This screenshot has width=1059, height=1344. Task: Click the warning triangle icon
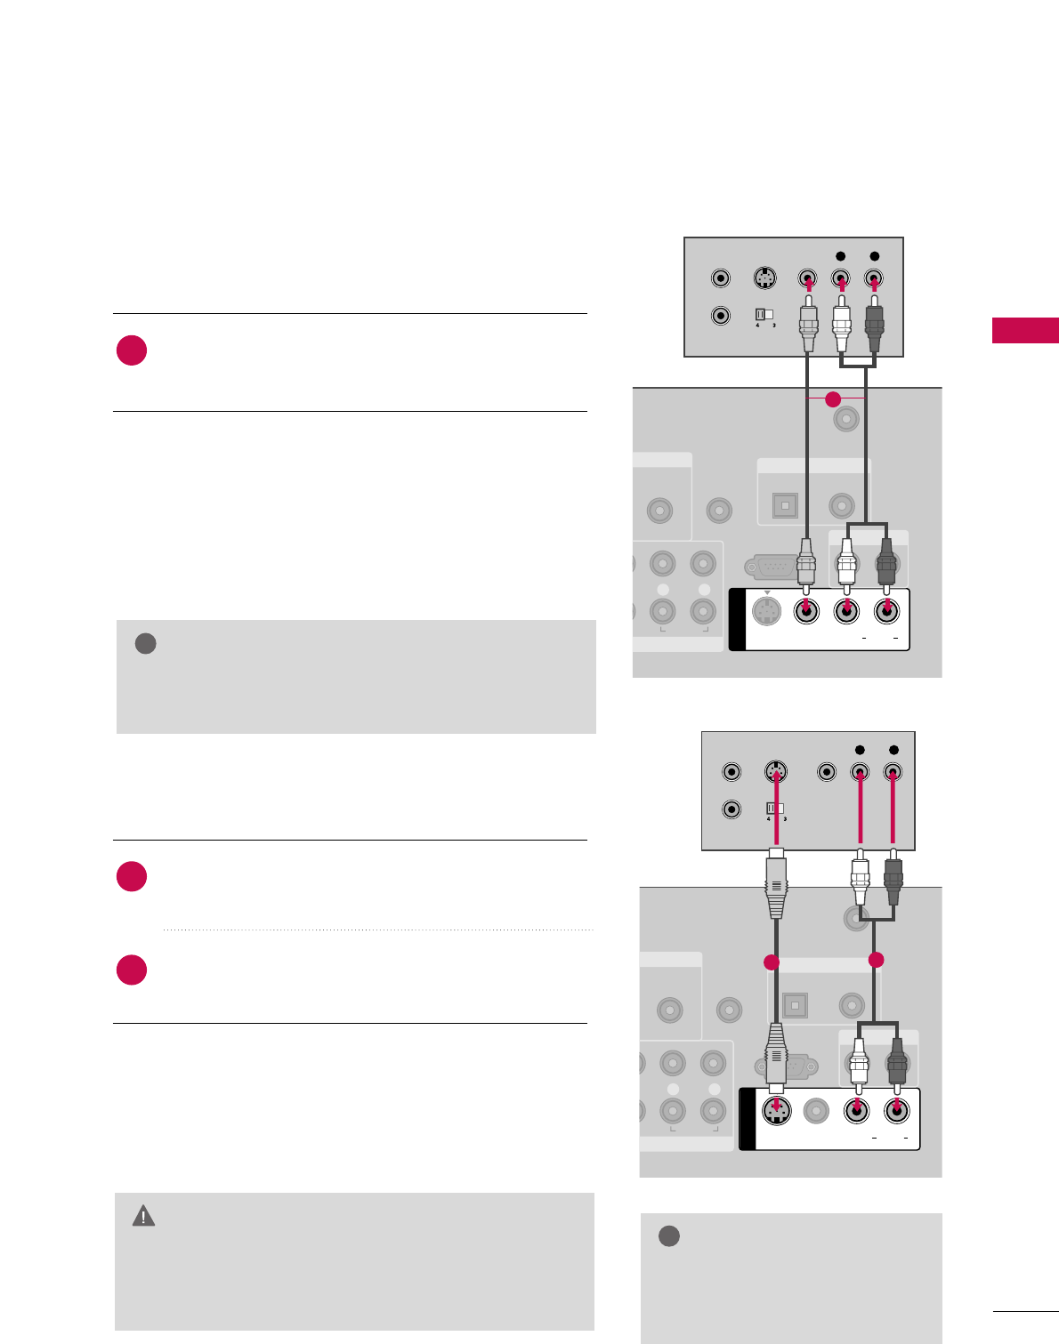(x=143, y=1216)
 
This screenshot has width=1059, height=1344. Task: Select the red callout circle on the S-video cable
(x=772, y=962)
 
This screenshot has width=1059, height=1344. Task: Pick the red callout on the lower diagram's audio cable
(x=876, y=960)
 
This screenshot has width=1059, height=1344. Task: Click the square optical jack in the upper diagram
(x=785, y=506)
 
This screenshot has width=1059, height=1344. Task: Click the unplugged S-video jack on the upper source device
(x=764, y=279)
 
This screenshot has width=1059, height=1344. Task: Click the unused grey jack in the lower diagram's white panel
(x=816, y=1111)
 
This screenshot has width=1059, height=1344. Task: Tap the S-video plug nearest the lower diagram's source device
(x=776, y=885)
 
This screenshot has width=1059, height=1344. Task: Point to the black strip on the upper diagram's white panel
(x=736, y=619)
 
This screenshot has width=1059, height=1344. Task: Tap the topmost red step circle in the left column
(x=132, y=350)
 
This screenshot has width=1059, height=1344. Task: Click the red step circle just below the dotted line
(x=132, y=970)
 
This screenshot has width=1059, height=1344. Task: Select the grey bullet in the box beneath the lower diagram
(x=669, y=1235)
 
